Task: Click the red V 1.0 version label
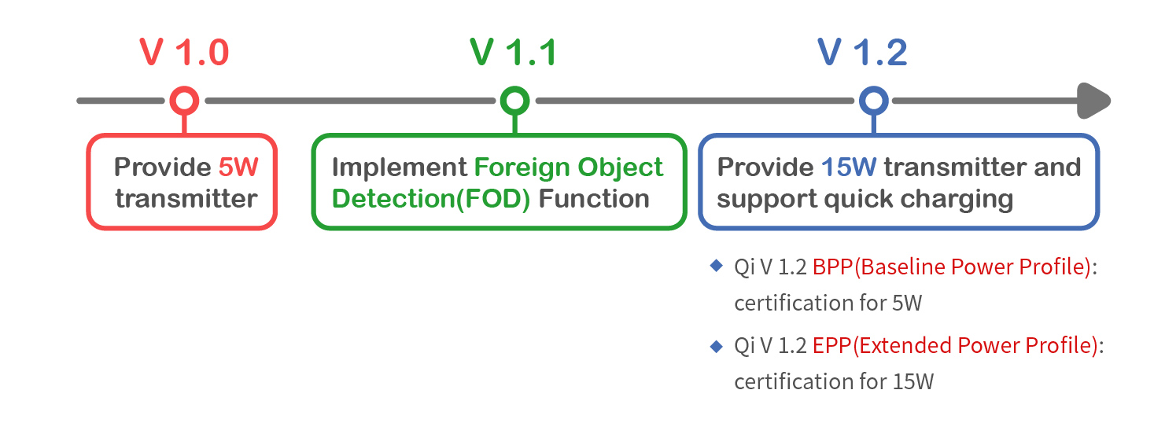[x=184, y=53]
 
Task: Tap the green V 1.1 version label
[x=513, y=53]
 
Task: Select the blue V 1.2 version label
[x=862, y=53]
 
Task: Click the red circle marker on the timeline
[x=184, y=89]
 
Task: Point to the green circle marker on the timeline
[x=514, y=89]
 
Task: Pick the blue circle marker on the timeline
[x=874, y=89]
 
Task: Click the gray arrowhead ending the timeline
[x=1093, y=101]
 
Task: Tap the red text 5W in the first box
[x=238, y=167]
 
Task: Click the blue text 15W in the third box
[x=849, y=167]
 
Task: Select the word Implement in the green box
[x=400, y=168]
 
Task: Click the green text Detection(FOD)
[x=431, y=200]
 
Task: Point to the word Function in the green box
[x=593, y=199]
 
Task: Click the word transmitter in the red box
[x=186, y=199]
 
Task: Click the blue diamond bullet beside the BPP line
[x=716, y=265]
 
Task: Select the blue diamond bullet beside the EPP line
[x=716, y=346]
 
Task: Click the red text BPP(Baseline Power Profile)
[x=952, y=267]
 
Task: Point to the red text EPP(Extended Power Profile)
[x=955, y=346]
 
